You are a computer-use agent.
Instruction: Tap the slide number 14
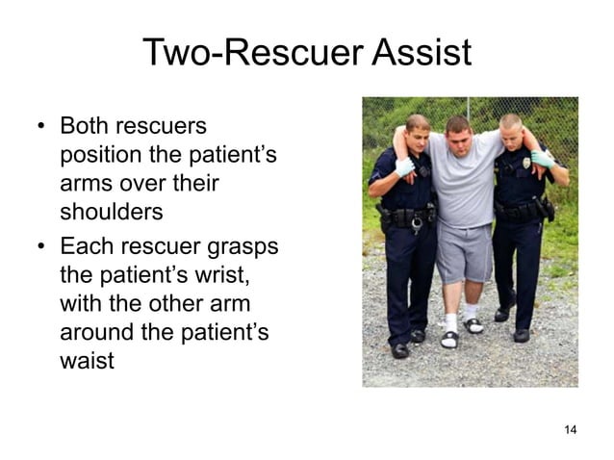pyautogui.click(x=570, y=429)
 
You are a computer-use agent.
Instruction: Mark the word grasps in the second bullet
pyautogui.click(x=243, y=246)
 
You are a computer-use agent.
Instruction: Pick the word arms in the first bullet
pyautogui.click(x=83, y=182)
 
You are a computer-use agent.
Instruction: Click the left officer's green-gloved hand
pyautogui.click(x=404, y=167)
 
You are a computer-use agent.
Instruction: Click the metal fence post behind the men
pyautogui.click(x=468, y=107)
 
